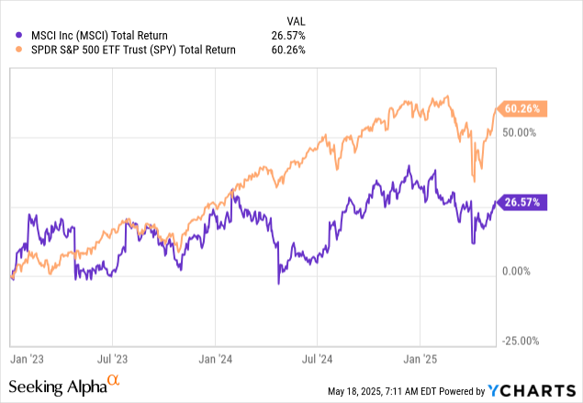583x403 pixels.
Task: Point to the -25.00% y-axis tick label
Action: point(522,341)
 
